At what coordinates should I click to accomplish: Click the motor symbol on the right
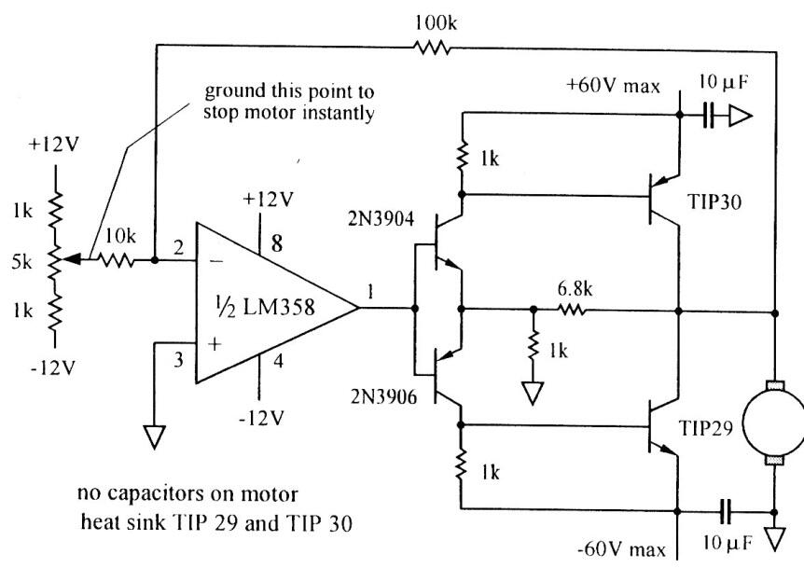click(x=773, y=421)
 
